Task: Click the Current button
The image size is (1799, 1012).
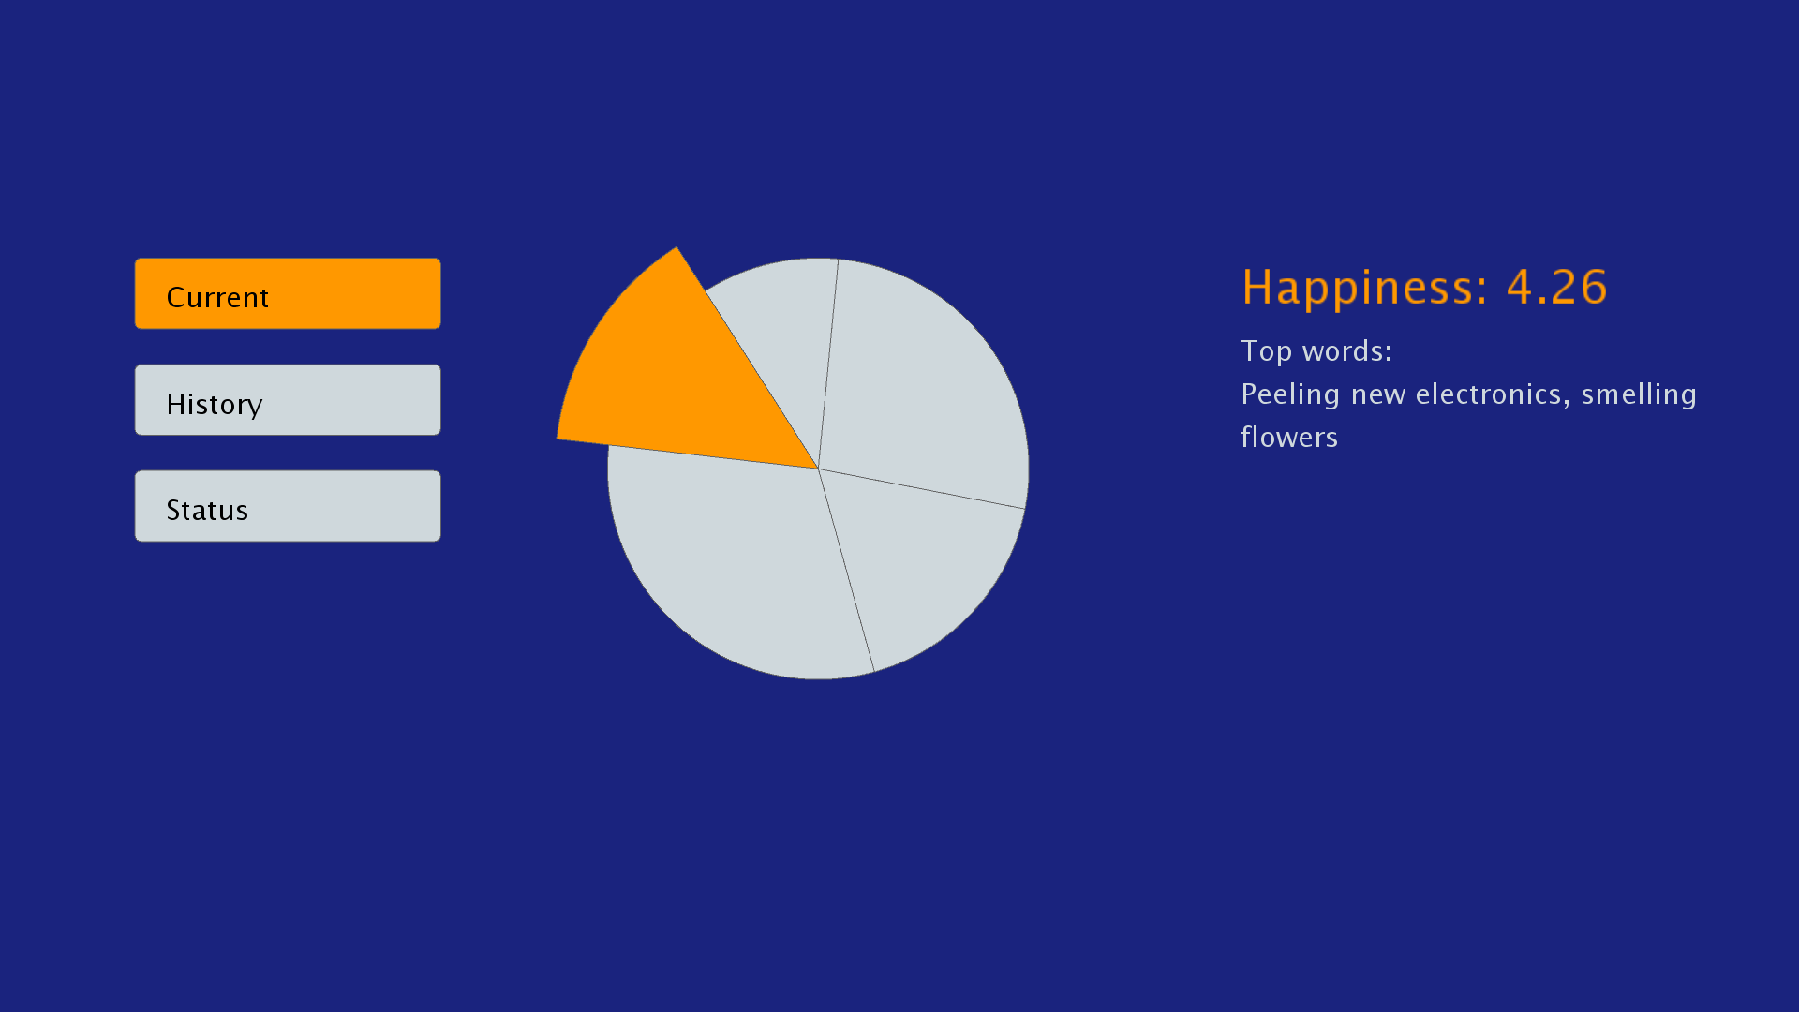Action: click(288, 293)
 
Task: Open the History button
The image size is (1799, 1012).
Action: click(288, 400)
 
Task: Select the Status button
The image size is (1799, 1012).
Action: click(288, 506)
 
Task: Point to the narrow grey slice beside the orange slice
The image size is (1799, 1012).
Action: click(787, 328)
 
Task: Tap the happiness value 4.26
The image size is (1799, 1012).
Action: click(1557, 287)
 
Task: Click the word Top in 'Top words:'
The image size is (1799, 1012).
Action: click(1267, 352)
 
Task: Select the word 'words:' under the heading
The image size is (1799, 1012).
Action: click(1347, 351)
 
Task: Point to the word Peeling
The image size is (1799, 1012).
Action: click(1290, 395)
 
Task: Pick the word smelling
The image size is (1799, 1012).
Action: click(1639, 395)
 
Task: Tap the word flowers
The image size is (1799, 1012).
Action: click(1289, 438)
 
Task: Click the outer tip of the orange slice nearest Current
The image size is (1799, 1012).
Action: click(676, 247)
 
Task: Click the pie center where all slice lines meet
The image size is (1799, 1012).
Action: click(819, 469)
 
